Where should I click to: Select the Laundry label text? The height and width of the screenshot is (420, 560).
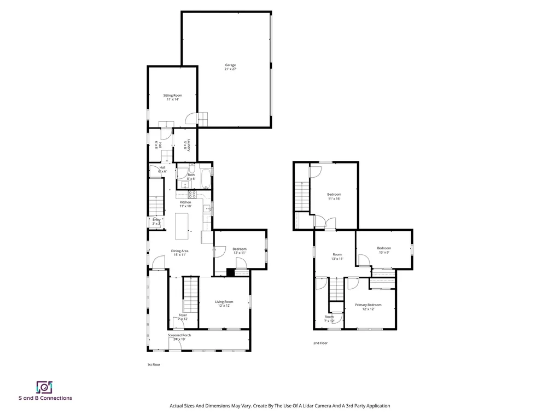188,145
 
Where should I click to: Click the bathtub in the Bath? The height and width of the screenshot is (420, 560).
205,178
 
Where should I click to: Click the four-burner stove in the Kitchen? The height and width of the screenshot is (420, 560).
192,194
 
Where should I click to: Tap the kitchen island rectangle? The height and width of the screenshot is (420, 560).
182,225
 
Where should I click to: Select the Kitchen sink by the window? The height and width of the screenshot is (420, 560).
208,208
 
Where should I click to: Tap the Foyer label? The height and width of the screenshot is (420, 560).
183,315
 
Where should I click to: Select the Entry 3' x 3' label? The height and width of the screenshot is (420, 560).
156,221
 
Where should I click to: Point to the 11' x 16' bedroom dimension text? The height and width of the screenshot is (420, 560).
334,199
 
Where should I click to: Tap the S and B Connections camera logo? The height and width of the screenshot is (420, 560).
44,387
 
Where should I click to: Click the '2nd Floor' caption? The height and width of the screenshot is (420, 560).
320,343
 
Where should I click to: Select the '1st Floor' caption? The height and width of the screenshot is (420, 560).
154,364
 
